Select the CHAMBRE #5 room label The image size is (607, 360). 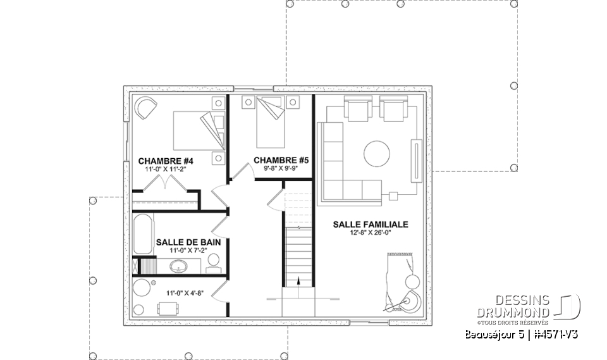coord(281,161)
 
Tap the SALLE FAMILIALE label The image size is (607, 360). coord(371,224)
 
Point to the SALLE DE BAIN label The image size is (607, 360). coord(183,242)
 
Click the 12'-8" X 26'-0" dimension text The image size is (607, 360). coord(371,233)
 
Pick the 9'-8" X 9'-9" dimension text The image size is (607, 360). coord(281,169)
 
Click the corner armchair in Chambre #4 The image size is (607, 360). coord(146,108)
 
